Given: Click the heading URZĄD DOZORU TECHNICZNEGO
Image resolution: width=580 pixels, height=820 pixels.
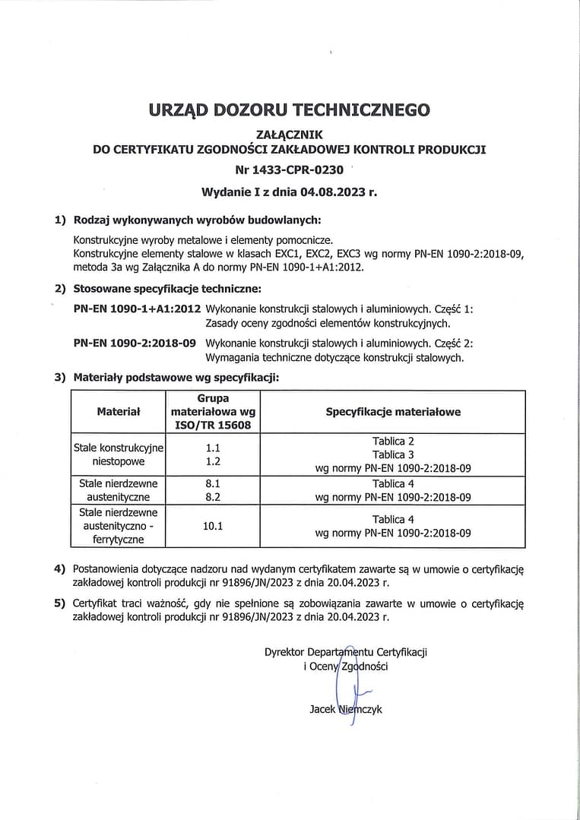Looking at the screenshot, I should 290,109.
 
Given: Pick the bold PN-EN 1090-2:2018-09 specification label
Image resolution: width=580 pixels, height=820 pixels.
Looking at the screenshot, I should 135,344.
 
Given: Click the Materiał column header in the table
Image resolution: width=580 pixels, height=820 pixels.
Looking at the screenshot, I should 119,412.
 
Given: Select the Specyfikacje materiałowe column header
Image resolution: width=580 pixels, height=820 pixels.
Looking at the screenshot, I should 393,412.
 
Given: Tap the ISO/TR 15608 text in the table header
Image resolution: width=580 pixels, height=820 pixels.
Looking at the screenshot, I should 212,425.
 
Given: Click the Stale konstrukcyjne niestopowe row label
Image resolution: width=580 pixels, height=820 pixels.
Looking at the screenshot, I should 119,454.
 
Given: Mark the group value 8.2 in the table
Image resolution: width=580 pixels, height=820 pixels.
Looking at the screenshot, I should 212,497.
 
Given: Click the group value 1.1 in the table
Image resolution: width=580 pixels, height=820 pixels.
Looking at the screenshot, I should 212,448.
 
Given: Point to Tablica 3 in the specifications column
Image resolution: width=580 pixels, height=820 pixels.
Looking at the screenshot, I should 393,454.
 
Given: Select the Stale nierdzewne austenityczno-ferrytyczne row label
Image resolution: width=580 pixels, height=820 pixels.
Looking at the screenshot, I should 119,526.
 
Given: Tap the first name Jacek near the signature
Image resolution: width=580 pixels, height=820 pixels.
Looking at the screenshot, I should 322,709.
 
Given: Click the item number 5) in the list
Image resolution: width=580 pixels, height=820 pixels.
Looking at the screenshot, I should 59,604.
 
